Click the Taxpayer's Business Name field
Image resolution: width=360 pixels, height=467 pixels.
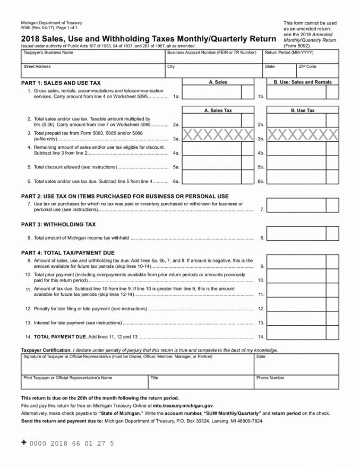pos(93,58)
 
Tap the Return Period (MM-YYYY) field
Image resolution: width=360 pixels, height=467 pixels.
pos(301,58)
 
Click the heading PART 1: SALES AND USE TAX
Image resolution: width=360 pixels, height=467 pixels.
pos(61,83)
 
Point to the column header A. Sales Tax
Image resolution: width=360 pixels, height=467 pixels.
pos(218,111)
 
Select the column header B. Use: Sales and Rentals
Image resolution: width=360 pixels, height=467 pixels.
pos(302,82)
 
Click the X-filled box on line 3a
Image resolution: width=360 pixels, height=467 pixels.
pos(218,135)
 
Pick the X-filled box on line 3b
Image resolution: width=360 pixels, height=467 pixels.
pos(302,135)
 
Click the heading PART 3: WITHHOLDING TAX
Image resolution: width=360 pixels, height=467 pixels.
pos(58,225)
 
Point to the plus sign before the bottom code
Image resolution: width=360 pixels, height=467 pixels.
pos(24,442)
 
